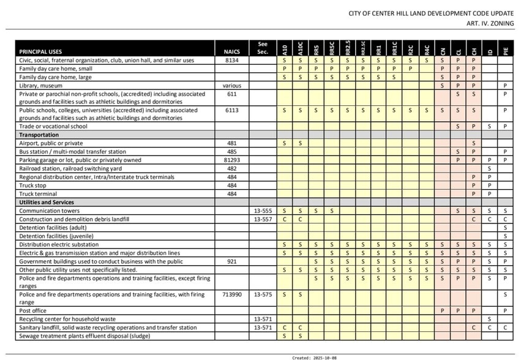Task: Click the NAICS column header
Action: click(x=231, y=52)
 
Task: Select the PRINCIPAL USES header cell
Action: click(x=40, y=52)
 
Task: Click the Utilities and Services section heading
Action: click(x=47, y=202)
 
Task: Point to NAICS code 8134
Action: click(x=231, y=61)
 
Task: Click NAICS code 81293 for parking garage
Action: click(x=231, y=160)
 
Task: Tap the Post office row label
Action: click(x=34, y=311)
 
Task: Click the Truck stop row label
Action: click(x=32, y=186)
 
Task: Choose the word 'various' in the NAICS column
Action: click(x=231, y=86)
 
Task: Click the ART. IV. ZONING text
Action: click(x=490, y=23)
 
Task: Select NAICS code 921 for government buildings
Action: click(x=231, y=261)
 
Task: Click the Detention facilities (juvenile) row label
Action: click(x=57, y=236)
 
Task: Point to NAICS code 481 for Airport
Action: click(x=231, y=143)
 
